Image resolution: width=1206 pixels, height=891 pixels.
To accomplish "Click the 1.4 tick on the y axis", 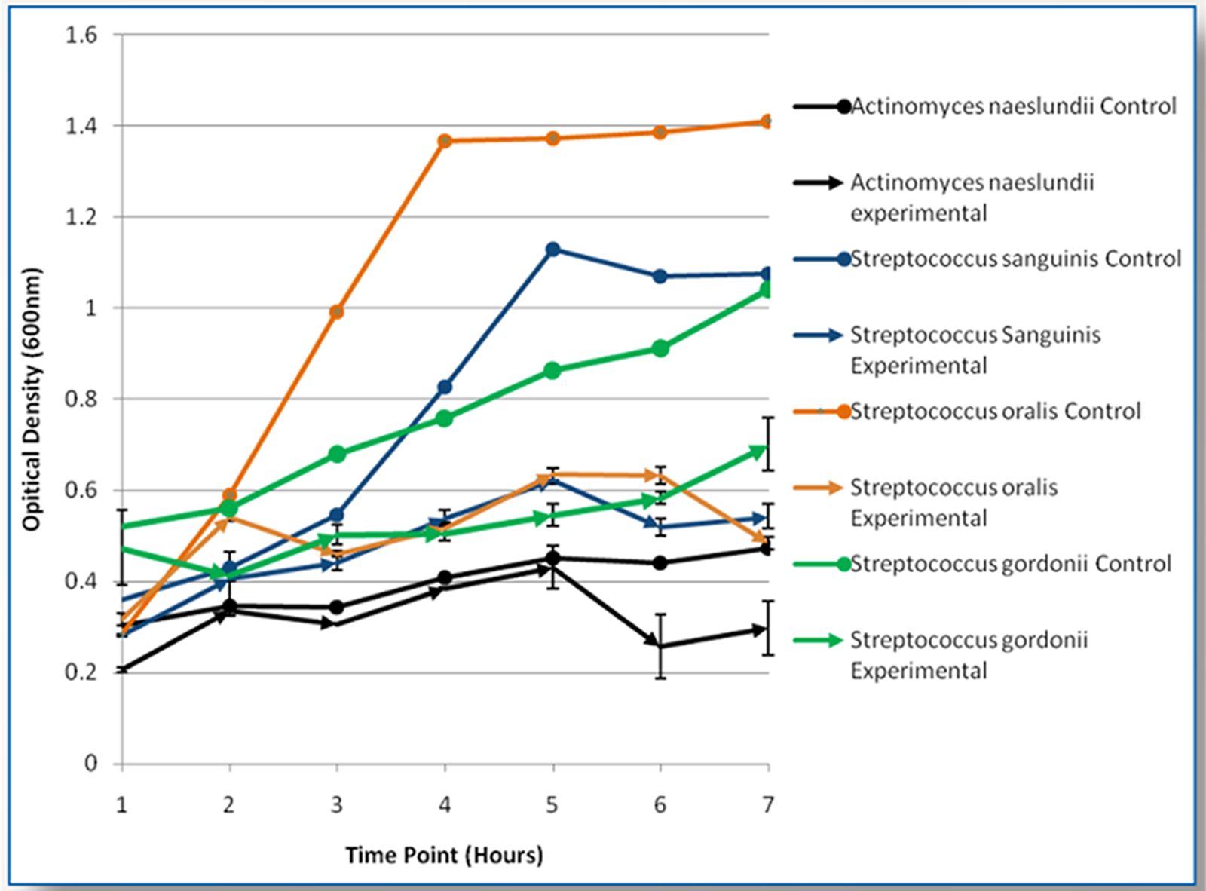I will pos(82,126).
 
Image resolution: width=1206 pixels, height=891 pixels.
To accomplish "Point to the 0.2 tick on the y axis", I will pos(82,672).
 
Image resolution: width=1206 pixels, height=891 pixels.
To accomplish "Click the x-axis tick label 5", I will pos(552,805).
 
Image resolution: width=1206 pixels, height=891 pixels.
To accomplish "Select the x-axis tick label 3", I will pos(336,805).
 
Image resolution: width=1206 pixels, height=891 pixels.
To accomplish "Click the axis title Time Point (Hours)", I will pos(444,855).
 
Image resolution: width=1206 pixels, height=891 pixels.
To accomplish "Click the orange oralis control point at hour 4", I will pos(445,141).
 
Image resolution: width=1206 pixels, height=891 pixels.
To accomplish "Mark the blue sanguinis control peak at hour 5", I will pos(552,250).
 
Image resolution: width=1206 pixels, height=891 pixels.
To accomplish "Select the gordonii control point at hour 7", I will pos(767,290).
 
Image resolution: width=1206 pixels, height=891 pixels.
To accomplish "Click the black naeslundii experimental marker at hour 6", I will pos(660,646).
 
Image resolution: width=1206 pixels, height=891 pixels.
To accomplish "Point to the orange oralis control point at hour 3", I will pos(337,311).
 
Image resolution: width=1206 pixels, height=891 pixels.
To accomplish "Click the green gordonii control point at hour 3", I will pos(337,454).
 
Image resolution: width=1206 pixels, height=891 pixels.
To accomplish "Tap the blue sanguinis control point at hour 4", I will pos(445,387).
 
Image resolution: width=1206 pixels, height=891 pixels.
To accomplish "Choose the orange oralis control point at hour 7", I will pos(767,121).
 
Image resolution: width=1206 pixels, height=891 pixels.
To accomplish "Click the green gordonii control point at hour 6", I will pos(660,348).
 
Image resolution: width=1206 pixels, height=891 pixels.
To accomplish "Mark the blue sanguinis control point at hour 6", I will pos(660,277).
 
